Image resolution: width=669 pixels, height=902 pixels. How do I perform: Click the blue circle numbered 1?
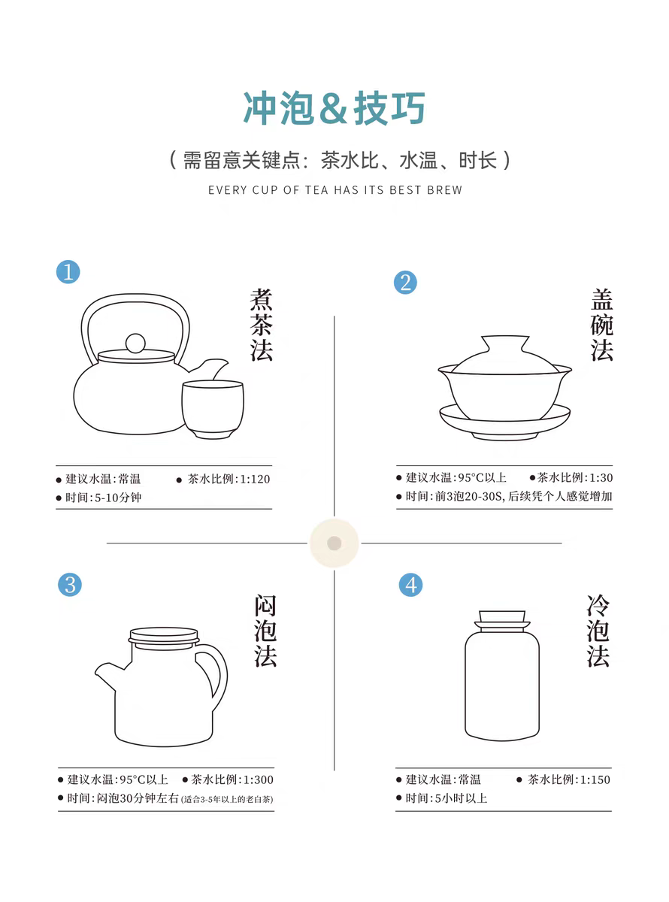click(68, 272)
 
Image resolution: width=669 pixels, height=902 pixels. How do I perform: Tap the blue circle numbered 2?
click(405, 283)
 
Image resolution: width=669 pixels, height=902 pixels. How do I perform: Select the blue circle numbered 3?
click(70, 585)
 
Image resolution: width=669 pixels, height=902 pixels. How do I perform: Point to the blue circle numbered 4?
click(410, 585)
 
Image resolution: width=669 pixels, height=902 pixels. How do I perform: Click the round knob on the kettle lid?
click(135, 344)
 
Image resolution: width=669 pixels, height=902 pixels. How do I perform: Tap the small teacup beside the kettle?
click(213, 409)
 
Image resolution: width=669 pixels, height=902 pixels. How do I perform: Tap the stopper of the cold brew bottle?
click(503, 621)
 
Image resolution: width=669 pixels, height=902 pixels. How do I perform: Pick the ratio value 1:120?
click(255, 479)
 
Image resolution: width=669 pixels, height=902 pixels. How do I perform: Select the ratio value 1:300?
click(259, 779)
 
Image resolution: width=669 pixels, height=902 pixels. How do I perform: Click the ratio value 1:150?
click(595, 779)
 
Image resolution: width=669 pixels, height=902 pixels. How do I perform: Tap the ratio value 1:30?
click(601, 477)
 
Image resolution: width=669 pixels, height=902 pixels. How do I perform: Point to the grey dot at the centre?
click(334, 543)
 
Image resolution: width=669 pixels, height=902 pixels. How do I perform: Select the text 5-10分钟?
click(118, 498)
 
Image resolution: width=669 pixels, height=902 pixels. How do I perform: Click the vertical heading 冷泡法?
click(598, 631)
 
